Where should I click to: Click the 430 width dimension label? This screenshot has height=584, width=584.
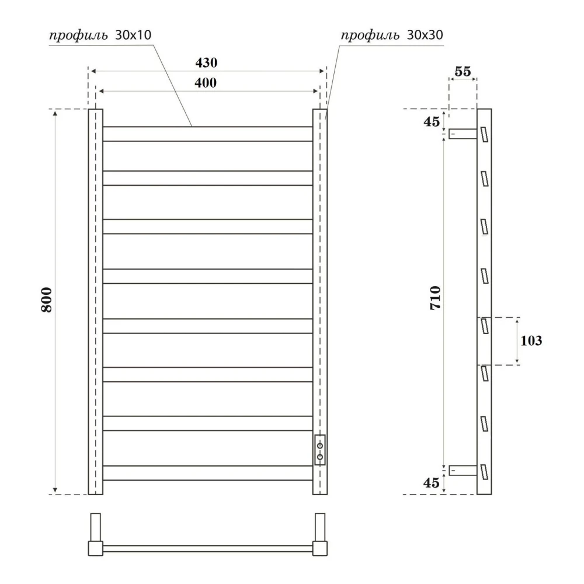pyautogui.click(x=206, y=62)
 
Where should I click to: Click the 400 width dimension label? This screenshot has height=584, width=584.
pyautogui.click(x=206, y=83)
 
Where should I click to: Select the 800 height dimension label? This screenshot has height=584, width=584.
pyautogui.click(x=47, y=300)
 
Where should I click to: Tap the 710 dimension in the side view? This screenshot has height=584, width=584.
pyautogui.click(x=435, y=298)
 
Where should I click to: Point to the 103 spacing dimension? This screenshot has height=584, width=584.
pyautogui.click(x=531, y=340)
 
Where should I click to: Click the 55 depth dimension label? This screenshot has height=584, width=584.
pyautogui.click(x=463, y=71)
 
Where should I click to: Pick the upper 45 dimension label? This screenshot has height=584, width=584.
pyautogui.click(x=432, y=121)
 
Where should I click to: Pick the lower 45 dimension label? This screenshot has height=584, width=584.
pyautogui.click(x=432, y=483)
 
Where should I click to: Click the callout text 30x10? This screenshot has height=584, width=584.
pyautogui.click(x=133, y=35)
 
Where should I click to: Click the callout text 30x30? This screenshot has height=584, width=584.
pyautogui.click(x=425, y=35)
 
